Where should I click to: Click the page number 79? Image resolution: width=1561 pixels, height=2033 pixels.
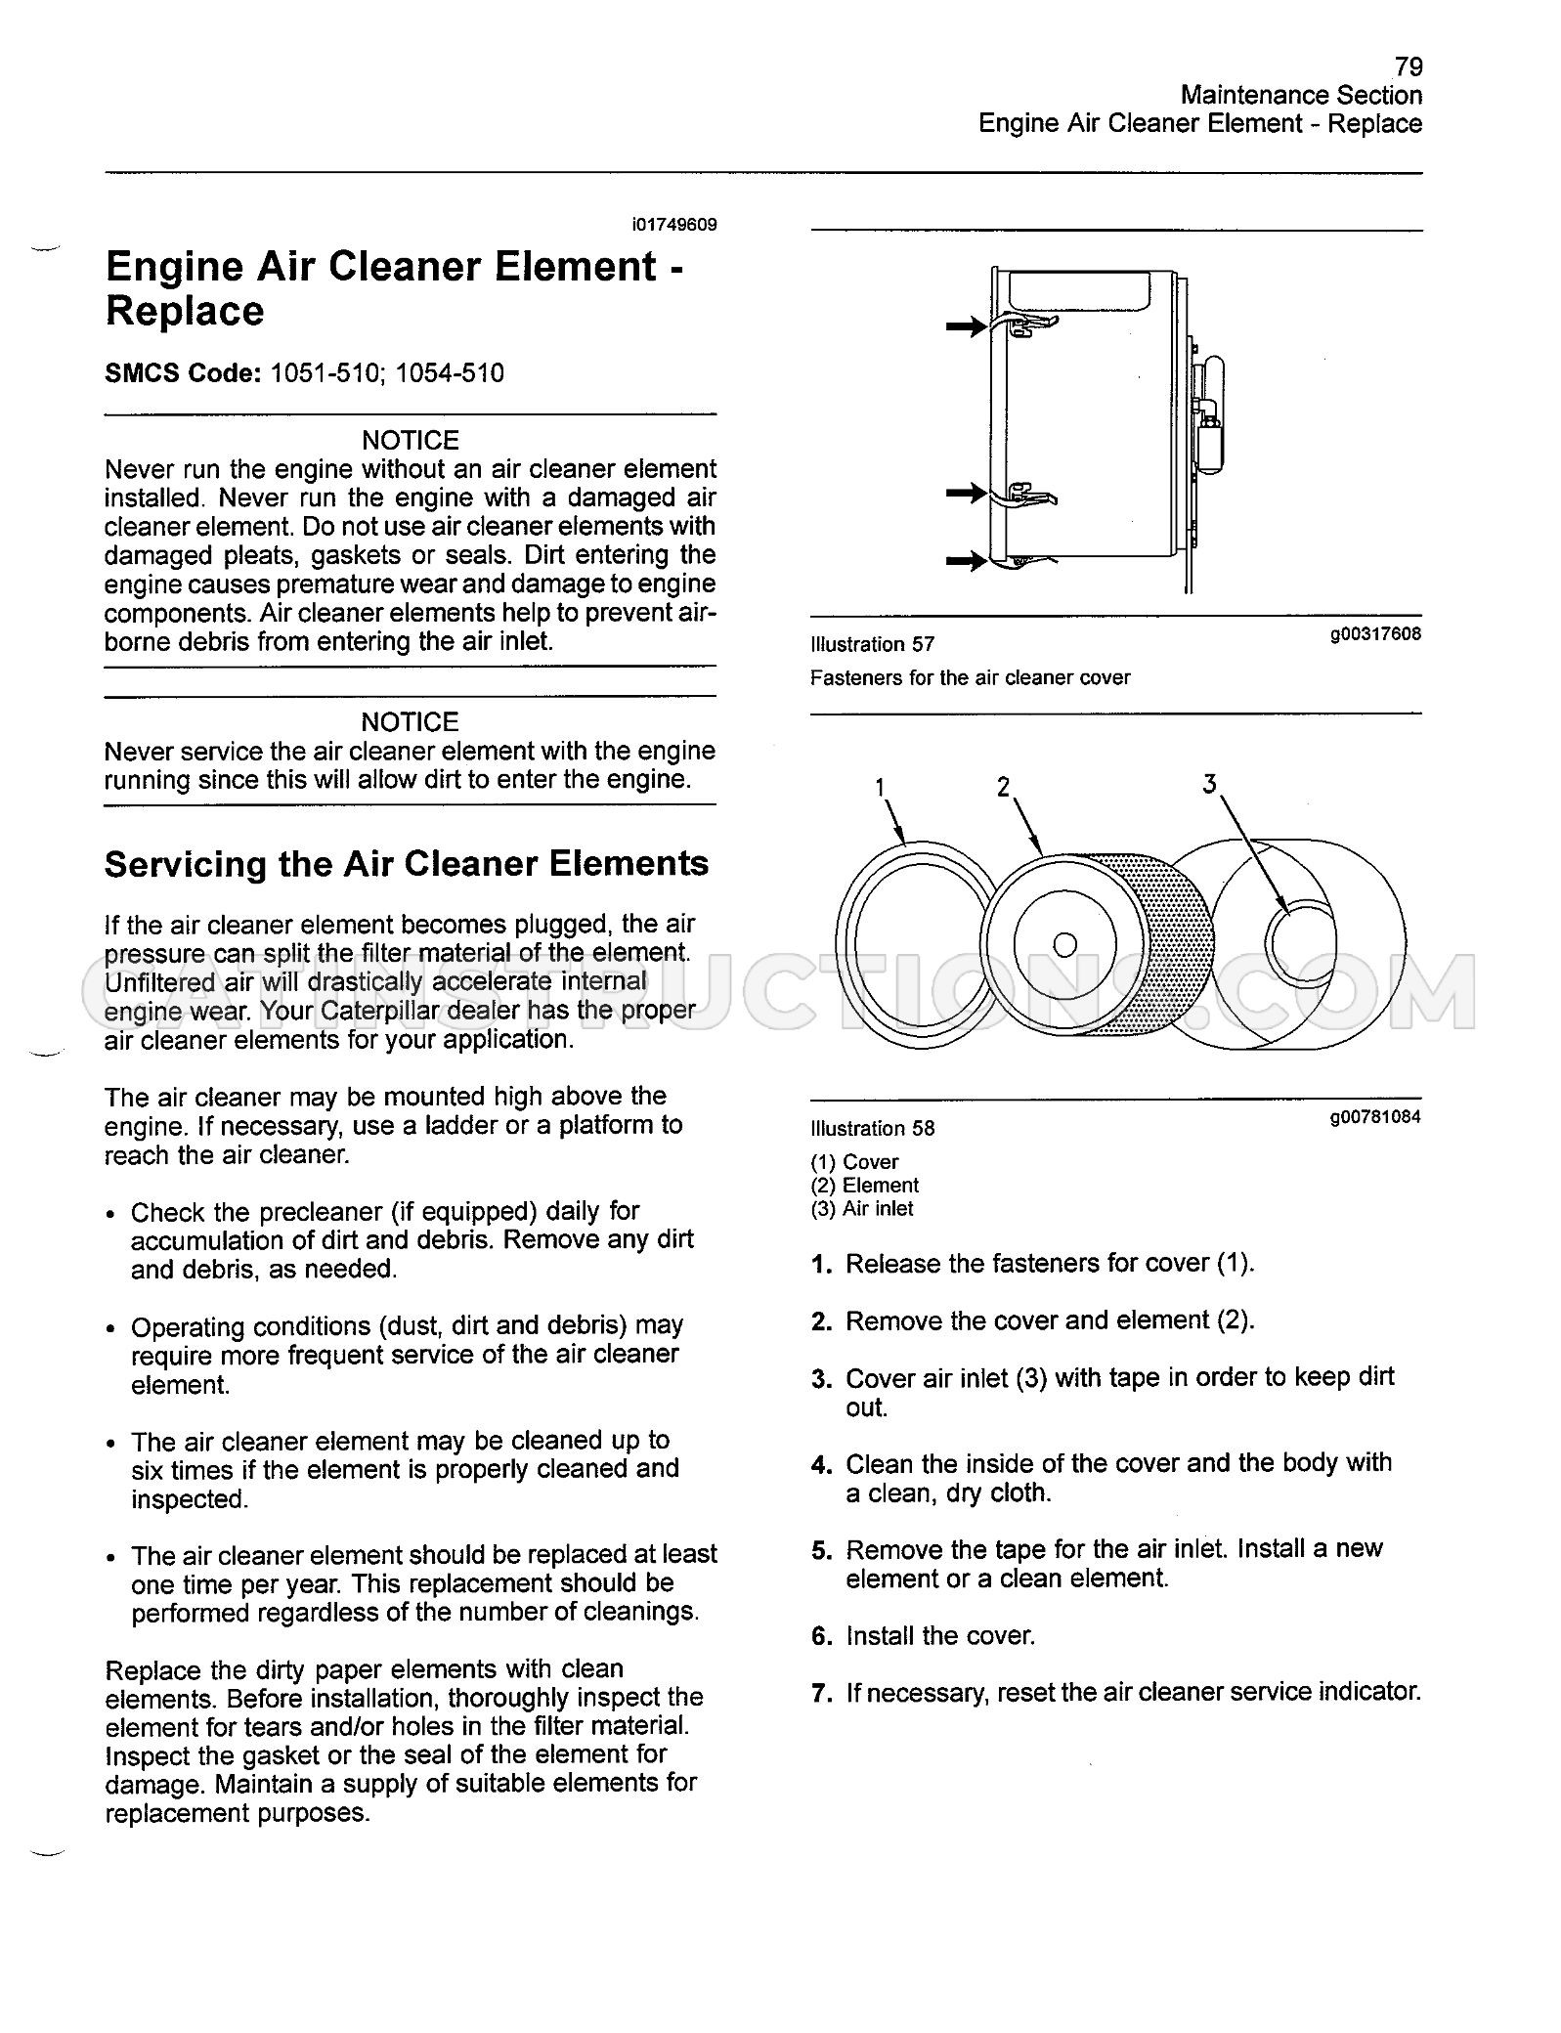click(1408, 66)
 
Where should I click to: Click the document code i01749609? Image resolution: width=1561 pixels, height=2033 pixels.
click(674, 225)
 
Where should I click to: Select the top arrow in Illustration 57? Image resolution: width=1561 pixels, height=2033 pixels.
click(967, 327)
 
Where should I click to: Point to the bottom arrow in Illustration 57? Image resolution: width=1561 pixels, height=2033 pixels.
click(967, 561)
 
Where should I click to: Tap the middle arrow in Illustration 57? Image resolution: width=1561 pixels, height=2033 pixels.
click(967, 495)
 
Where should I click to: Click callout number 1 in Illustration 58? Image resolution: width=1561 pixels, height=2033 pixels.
click(880, 787)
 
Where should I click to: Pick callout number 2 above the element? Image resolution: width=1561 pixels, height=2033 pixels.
click(1003, 787)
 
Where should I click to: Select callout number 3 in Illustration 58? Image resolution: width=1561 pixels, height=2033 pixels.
click(1210, 784)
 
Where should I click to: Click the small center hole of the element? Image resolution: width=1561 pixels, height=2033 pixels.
click(1065, 944)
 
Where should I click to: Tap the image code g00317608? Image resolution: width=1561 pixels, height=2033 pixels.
click(1375, 634)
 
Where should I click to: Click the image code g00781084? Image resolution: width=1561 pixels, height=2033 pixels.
click(1375, 1117)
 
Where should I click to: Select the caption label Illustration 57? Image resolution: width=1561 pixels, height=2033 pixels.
click(872, 644)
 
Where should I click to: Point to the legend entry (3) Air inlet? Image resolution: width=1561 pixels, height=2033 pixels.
click(862, 1209)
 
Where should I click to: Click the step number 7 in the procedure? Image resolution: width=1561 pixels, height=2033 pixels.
click(821, 1693)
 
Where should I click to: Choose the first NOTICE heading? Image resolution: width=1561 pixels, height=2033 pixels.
click(411, 441)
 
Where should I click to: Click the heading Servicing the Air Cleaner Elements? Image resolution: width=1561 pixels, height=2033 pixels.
click(407, 864)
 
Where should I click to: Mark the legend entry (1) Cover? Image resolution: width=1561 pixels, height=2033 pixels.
click(854, 1162)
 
